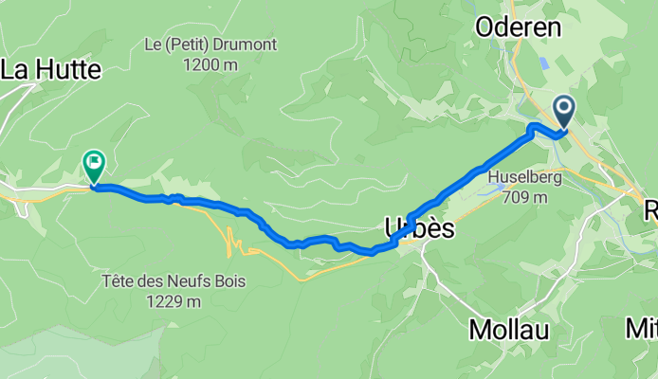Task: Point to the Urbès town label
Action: click(x=420, y=228)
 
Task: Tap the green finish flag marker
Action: click(x=94, y=165)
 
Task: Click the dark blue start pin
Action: click(x=565, y=111)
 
